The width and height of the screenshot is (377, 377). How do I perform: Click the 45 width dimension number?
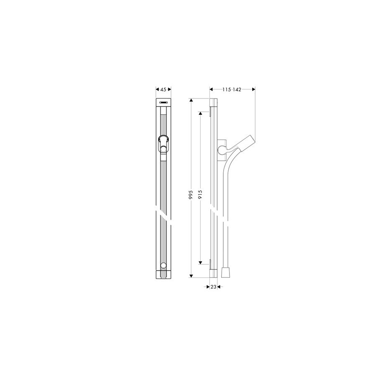(163, 90)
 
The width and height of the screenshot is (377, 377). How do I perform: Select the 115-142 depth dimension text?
(232, 90)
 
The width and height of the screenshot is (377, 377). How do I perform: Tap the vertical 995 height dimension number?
(191, 194)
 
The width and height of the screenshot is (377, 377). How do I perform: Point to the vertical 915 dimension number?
(200, 194)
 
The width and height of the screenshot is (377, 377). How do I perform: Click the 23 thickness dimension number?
(213, 287)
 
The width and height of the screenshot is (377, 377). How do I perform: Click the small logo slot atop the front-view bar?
(163, 102)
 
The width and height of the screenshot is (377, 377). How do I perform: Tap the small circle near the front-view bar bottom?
(163, 266)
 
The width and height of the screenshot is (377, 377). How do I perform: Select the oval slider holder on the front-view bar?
(163, 144)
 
